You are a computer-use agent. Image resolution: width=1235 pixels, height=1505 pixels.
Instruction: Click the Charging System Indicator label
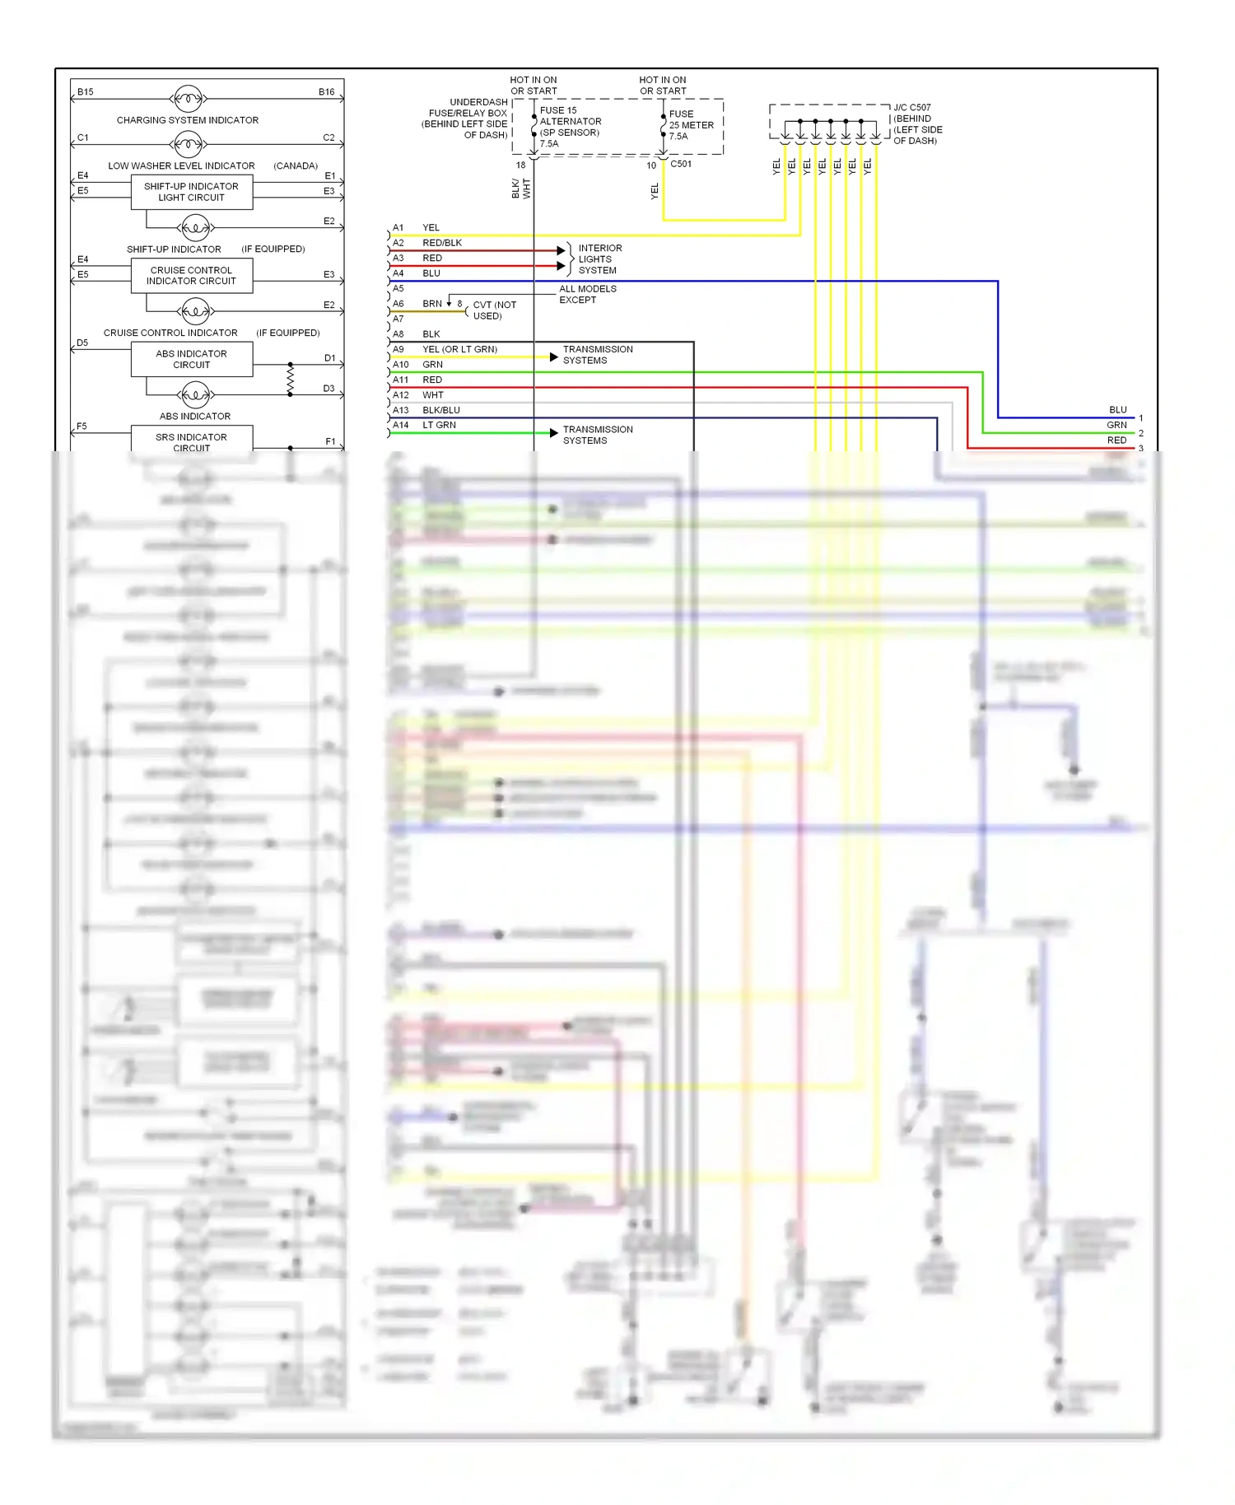click(187, 120)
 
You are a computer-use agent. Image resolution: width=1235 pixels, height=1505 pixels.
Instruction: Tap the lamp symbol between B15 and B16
click(188, 99)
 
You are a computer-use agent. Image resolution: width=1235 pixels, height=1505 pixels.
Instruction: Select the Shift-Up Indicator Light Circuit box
click(191, 192)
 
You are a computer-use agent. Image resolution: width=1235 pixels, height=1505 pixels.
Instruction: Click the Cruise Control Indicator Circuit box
click(191, 276)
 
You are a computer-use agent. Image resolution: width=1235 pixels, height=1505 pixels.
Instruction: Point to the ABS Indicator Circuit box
click(191, 359)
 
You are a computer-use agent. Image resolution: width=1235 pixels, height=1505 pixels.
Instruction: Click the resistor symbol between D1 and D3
click(290, 379)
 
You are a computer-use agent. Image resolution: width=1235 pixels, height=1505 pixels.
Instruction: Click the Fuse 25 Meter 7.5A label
click(690, 125)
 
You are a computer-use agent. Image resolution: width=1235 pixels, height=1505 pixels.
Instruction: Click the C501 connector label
click(681, 164)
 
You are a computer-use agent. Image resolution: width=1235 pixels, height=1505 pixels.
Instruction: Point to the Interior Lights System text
click(599, 259)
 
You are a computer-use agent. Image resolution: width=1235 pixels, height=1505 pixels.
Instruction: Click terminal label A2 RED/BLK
click(426, 243)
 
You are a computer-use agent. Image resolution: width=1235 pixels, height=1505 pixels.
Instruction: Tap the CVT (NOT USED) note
click(494, 310)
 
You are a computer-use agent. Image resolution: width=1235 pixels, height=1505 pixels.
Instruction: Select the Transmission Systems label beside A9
click(598, 355)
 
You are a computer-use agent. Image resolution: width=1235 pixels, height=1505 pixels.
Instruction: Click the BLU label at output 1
click(1117, 410)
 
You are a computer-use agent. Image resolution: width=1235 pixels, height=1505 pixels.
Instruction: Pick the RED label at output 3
click(1116, 440)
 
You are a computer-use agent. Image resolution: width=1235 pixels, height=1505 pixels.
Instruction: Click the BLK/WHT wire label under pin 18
click(521, 189)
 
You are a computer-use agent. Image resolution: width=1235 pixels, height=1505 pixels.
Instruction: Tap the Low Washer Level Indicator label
click(181, 165)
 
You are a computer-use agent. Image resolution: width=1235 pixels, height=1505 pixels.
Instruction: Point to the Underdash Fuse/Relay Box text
click(467, 119)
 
